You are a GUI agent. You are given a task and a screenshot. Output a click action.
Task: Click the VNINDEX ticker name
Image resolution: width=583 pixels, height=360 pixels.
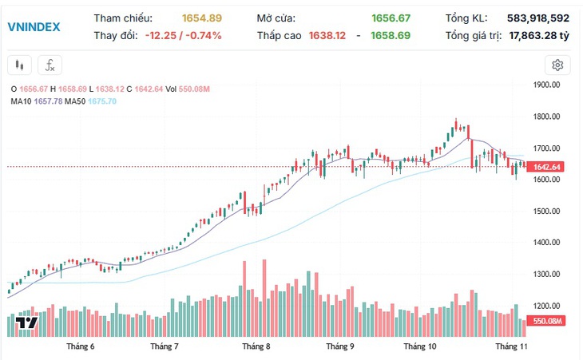click(34, 27)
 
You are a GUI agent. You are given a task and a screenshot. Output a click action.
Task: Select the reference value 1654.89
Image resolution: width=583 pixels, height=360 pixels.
click(202, 18)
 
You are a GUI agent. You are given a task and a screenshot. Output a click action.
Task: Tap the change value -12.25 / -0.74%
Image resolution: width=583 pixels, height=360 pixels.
click(184, 35)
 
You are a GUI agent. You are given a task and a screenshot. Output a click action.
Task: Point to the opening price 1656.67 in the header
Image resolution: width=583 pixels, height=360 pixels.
click(391, 18)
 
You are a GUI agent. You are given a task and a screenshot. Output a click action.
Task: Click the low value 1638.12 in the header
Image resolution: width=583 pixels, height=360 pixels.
click(327, 35)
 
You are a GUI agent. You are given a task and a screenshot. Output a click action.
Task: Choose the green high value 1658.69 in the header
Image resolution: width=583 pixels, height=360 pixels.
click(391, 35)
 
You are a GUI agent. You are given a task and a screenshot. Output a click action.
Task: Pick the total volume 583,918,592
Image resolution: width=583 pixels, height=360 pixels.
click(538, 18)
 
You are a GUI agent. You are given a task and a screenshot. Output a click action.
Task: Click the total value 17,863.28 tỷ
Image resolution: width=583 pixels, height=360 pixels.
click(539, 36)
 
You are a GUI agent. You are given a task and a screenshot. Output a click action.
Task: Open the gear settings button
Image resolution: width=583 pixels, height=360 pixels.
click(557, 65)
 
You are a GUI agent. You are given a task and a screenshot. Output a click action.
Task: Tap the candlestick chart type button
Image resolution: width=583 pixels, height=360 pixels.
click(19, 65)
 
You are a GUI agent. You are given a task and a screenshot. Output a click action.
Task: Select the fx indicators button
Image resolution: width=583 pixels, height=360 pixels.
click(50, 65)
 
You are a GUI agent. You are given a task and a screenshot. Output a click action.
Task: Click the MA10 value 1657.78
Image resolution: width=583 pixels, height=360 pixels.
click(49, 101)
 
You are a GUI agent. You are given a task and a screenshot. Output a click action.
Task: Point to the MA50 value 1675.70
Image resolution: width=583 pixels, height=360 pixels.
click(102, 101)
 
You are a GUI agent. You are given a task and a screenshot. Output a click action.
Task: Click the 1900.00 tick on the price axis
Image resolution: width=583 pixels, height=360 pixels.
click(546, 85)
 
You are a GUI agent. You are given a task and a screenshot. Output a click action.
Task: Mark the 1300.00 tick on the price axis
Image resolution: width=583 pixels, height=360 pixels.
click(546, 274)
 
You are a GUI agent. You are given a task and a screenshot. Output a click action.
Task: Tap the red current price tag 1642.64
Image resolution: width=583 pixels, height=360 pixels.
click(547, 167)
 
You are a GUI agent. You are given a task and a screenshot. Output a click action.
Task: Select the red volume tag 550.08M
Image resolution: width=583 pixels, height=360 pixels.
click(547, 321)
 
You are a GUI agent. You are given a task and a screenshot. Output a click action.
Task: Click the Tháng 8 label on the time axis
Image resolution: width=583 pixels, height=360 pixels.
click(256, 346)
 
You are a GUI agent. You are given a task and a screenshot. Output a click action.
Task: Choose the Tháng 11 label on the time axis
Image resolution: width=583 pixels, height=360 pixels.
click(511, 346)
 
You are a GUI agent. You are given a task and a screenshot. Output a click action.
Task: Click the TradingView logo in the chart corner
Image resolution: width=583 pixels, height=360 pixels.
click(26, 322)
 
